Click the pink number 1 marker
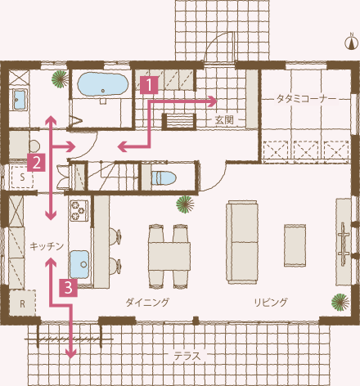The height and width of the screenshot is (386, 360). pyautogui.click(x=149, y=85)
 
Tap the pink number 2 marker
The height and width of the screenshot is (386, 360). pyautogui.click(x=36, y=163)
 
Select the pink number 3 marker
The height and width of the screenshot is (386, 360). pyautogui.click(x=69, y=288)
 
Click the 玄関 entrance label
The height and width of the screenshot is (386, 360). pyautogui.click(x=224, y=119)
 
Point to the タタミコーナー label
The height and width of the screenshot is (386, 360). pyautogui.click(x=306, y=99)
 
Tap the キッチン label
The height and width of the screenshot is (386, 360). pyautogui.click(x=47, y=246)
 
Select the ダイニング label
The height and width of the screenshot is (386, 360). pyautogui.click(x=147, y=302)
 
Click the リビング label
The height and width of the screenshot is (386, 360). pyautogui.click(x=271, y=302)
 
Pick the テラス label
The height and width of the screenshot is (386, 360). pyautogui.click(x=187, y=356)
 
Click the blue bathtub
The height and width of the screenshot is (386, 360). pyautogui.click(x=103, y=84)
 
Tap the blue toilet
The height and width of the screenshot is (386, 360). pyautogui.click(x=163, y=178)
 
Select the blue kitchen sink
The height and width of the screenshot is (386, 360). pyautogui.click(x=79, y=264)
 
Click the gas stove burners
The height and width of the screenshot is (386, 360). pyautogui.click(x=79, y=210)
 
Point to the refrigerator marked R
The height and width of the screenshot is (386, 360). pyautogui.click(x=22, y=303)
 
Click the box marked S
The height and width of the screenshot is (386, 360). pyautogui.click(x=22, y=177)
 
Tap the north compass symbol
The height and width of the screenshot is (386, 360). pyautogui.click(x=352, y=43)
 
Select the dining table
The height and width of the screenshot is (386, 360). pyautogui.click(x=169, y=256)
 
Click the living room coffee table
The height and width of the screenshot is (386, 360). pyautogui.click(x=295, y=245)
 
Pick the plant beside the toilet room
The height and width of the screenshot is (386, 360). pyautogui.click(x=185, y=204)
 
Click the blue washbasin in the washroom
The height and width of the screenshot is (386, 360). pyautogui.click(x=20, y=100)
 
